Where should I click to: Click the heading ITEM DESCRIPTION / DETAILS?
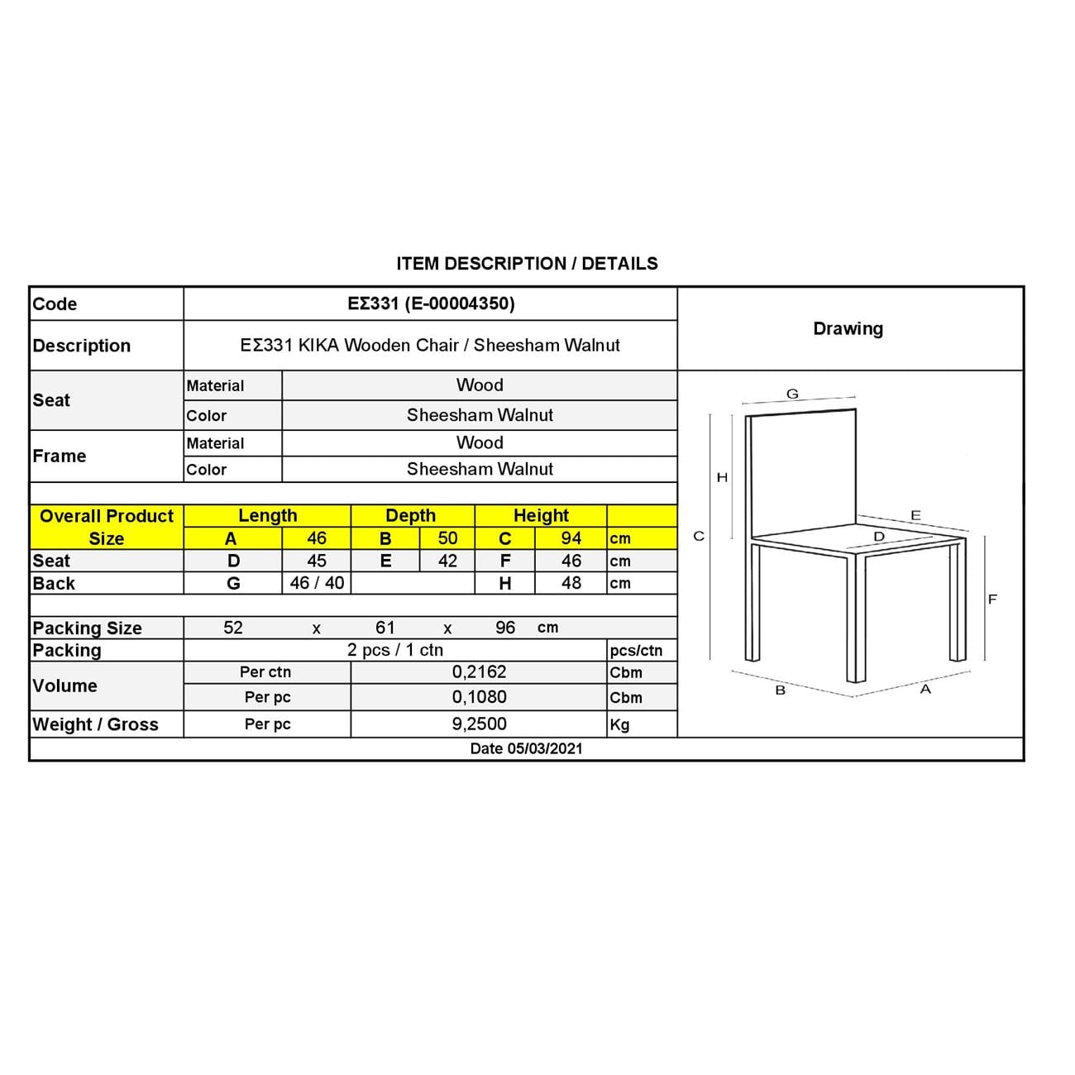(527, 264)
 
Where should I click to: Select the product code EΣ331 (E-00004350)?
(431, 303)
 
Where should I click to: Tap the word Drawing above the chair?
(848, 328)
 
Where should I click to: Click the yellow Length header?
(267, 515)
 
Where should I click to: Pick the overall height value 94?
(571, 538)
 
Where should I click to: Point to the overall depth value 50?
(447, 538)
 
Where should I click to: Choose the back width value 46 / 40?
(317, 583)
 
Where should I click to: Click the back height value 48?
(571, 583)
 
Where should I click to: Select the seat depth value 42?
(447, 561)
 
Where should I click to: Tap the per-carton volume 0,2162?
(479, 672)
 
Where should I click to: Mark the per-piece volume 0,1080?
(479, 697)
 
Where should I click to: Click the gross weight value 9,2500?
(479, 724)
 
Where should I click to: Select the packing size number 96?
(505, 628)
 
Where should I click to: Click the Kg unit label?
(619, 724)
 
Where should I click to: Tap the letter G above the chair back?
(792, 394)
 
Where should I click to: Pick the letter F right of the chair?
(992, 599)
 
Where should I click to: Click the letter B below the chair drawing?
(780, 690)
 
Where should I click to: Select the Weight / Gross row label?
(95, 724)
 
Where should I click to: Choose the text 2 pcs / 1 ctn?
(395, 650)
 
